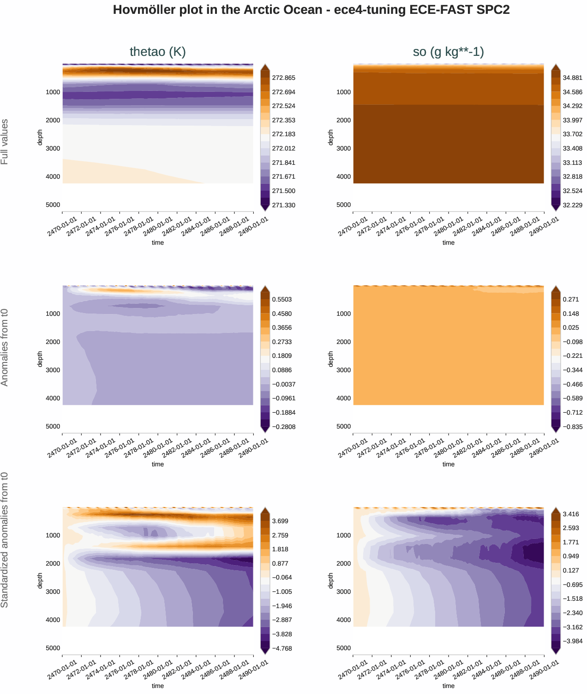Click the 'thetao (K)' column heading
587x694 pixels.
point(158,52)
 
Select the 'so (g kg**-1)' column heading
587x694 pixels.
point(448,52)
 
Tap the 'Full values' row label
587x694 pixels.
point(5,142)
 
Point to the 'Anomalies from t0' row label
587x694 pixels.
point(5,347)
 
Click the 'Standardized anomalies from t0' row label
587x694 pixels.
point(5,540)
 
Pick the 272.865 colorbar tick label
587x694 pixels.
point(283,78)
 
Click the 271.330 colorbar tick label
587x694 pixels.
point(283,205)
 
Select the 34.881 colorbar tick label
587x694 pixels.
point(572,78)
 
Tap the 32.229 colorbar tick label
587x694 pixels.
point(572,205)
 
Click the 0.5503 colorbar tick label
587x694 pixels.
point(282,300)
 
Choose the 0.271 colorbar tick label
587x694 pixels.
point(570,300)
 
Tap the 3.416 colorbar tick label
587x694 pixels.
point(570,514)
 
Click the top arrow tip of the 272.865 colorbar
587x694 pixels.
point(265,65)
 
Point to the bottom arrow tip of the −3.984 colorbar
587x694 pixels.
point(556,654)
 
